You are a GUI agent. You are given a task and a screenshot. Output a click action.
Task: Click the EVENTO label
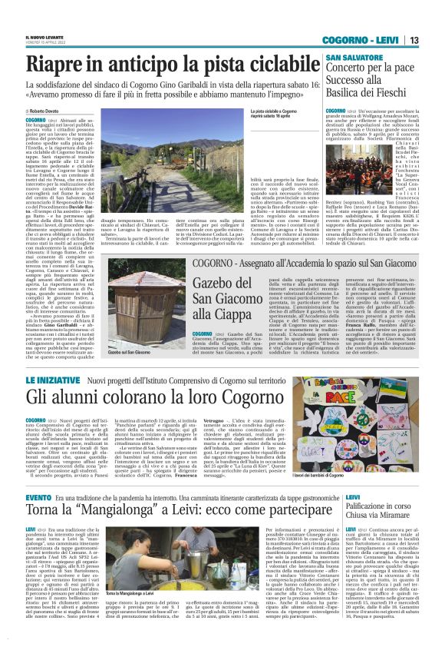[x=38, y=499]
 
